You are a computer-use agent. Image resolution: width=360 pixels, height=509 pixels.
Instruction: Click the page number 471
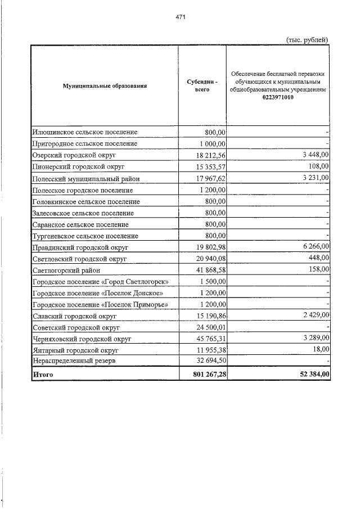click(x=180, y=17)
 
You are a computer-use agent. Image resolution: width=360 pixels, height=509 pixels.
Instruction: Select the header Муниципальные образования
click(x=105, y=86)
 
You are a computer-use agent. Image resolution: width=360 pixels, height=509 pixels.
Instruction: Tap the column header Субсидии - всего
click(x=202, y=86)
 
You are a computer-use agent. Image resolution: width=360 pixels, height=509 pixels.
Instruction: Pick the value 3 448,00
click(x=314, y=155)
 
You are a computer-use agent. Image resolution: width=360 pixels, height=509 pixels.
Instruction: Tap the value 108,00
click(x=319, y=166)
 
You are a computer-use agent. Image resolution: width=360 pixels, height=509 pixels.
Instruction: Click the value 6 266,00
click(x=314, y=247)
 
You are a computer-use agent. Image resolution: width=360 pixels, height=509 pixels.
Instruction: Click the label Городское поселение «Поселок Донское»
click(x=98, y=294)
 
